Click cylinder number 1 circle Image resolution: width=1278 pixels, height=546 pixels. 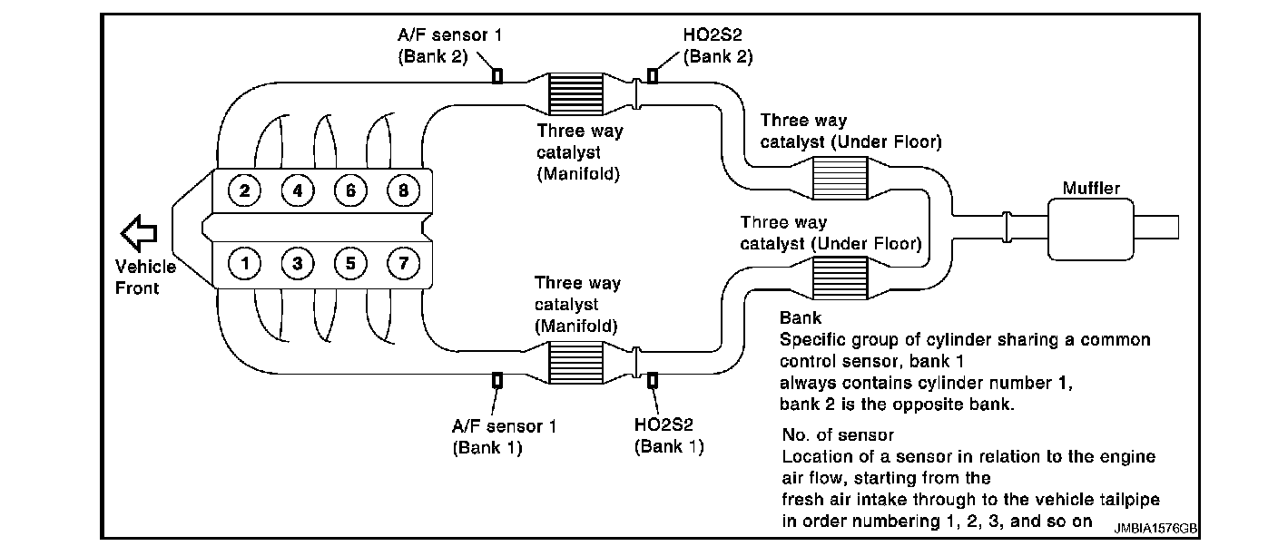coord(245,264)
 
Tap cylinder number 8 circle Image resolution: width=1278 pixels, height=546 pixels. coord(402,190)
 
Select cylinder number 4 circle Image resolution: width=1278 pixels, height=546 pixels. coord(297,190)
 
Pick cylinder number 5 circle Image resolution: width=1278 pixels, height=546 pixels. coord(349,264)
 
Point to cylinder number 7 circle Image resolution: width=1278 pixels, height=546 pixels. coord(402,264)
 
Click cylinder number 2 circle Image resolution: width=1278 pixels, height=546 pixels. coord(245,190)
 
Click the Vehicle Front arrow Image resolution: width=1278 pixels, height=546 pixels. coord(140,232)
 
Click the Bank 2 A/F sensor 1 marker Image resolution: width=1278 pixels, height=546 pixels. coord(497,75)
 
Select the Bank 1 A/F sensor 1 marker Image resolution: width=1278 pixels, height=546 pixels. coord(497,380)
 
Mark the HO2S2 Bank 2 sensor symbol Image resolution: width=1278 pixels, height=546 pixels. coord(652,75)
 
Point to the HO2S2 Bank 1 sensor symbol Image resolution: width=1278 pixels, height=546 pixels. coord(652,379)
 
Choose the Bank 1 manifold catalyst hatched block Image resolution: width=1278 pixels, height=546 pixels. coord(577,362)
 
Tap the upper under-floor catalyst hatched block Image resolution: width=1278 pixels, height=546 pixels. coord(840,176)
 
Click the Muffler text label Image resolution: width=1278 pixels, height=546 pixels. coord(1090,189)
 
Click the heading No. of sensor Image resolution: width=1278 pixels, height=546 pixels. coord(837,436)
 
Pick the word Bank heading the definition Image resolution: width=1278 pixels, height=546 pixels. coord(801,318)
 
